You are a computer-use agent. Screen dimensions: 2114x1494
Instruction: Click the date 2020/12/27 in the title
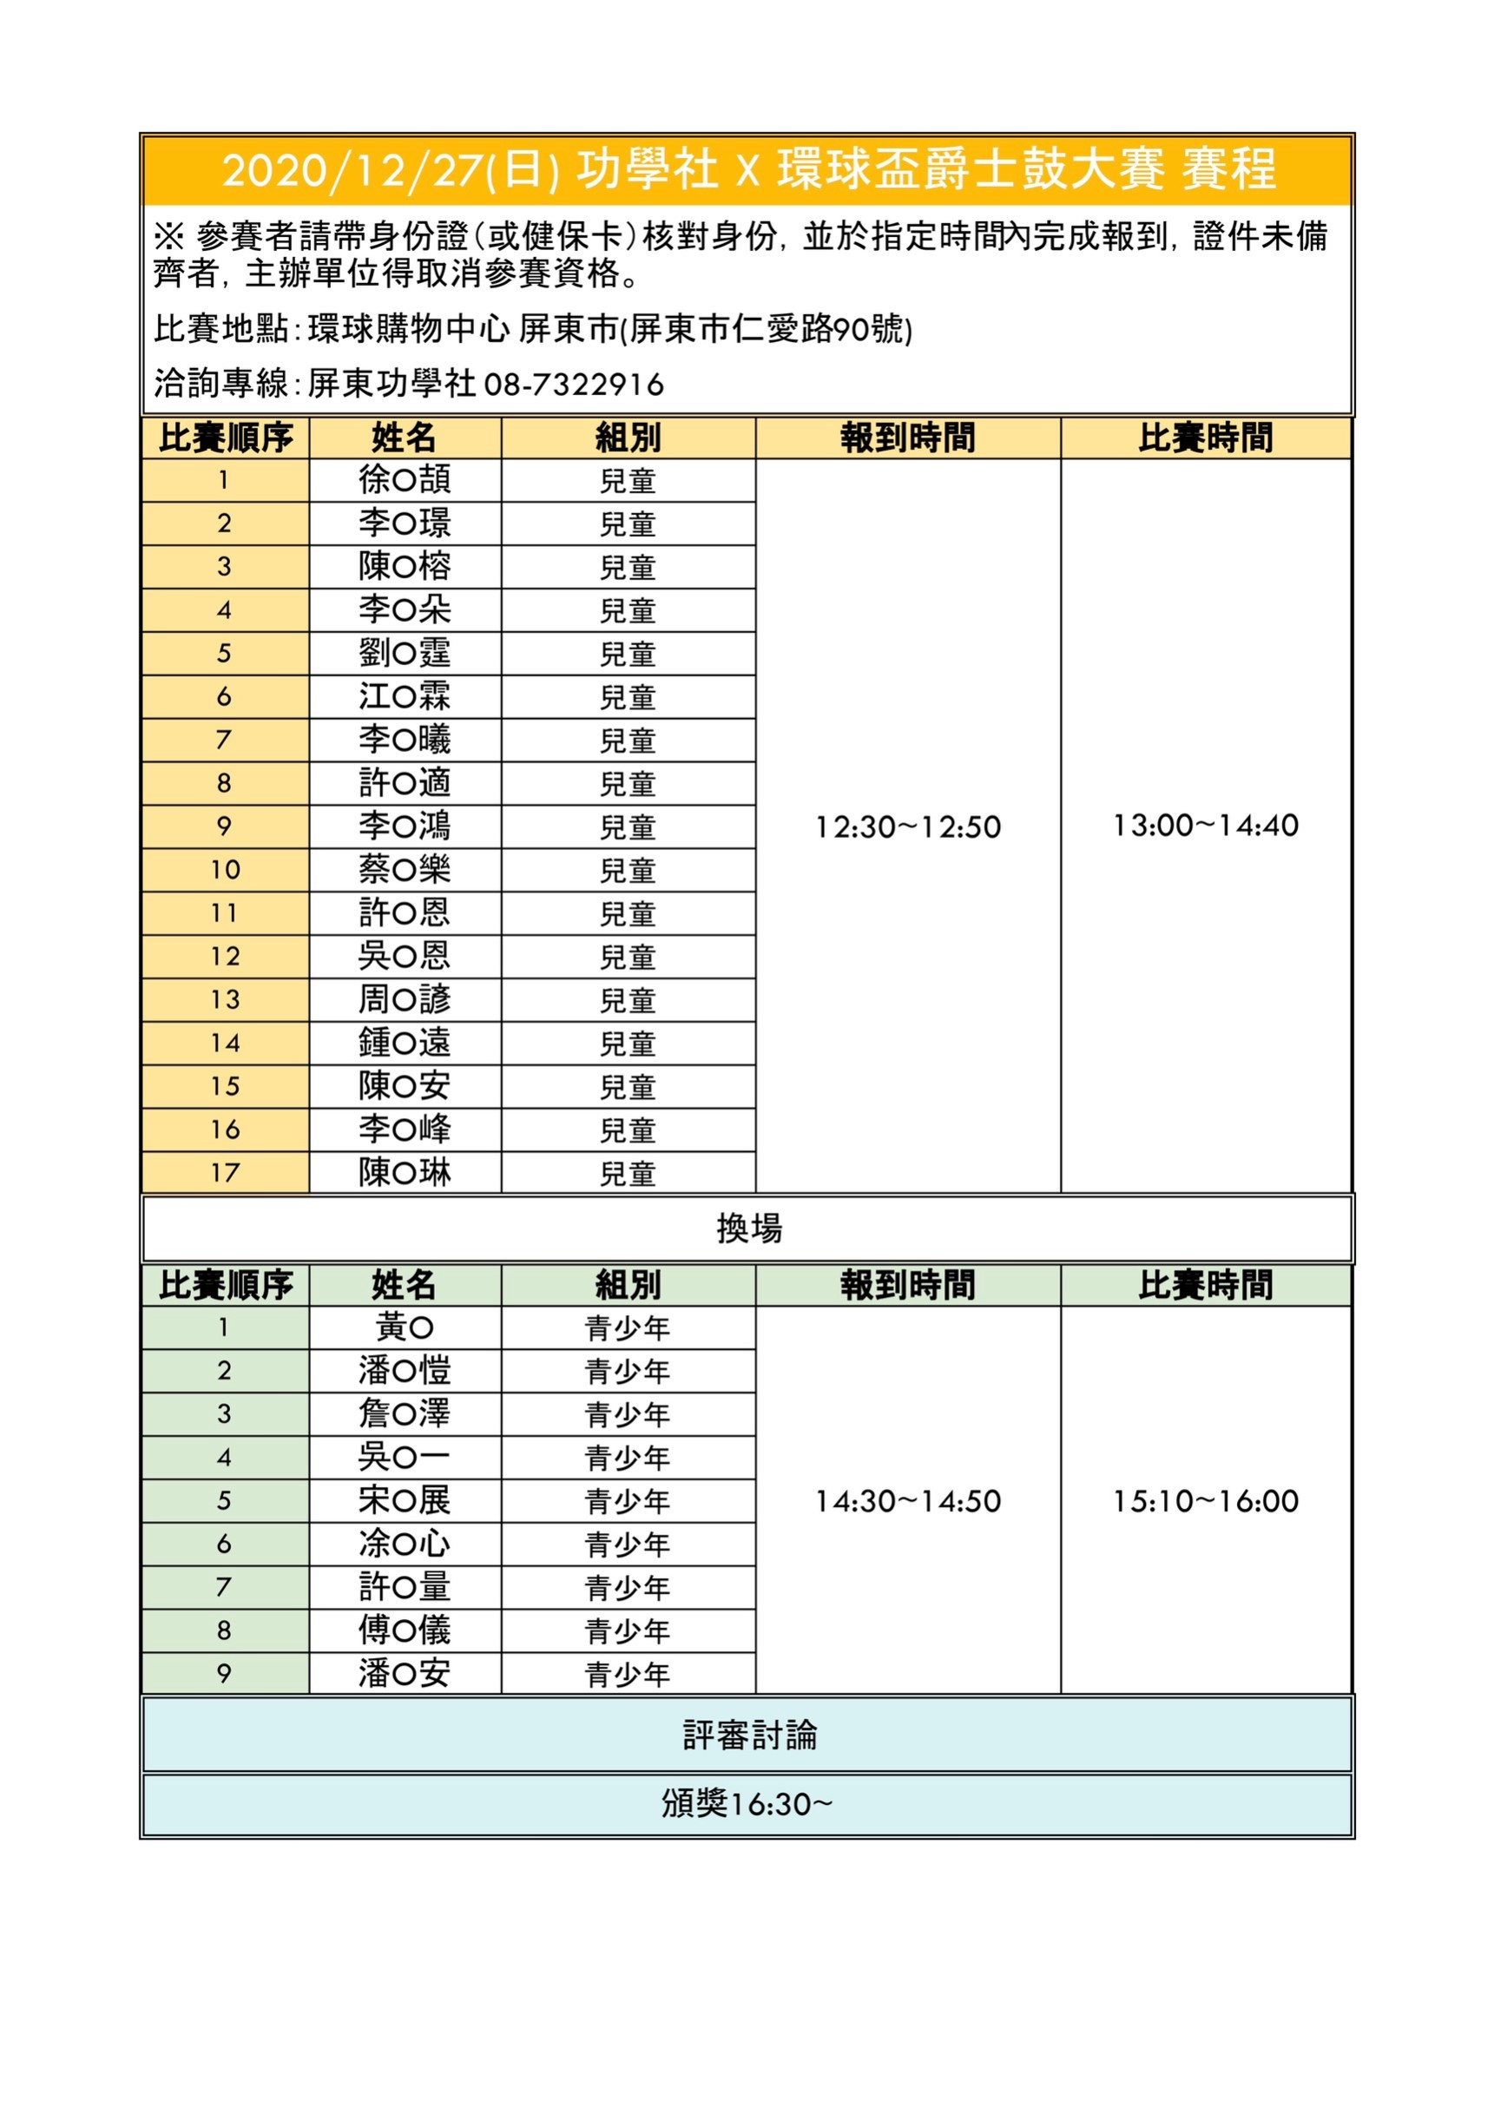click(353, 171)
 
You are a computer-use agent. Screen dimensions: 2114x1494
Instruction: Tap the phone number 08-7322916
click(574, 384)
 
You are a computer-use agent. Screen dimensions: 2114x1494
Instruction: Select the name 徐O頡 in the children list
click(405, 480)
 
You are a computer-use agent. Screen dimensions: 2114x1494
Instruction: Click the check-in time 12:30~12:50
click(908, 827)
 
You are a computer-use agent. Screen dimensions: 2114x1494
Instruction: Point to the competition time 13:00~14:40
click(1205, 825)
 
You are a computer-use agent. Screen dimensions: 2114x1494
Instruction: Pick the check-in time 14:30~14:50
click(908, 1502)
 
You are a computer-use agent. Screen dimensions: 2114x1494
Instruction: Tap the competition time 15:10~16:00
click(1205, 1502)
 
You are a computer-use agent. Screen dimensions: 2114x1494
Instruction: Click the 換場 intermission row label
click(748, 1228)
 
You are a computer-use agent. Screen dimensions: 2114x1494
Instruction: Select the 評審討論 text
click(748, 1735)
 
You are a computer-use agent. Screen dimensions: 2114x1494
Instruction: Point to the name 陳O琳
click(405, 1172)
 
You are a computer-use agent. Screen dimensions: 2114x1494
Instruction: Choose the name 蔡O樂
click(405, 869)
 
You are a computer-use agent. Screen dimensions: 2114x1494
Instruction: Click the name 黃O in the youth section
click(405, 1327)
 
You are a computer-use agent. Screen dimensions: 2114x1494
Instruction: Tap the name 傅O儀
click(405, 1630)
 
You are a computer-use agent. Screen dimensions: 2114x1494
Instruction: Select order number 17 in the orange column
click(225, 1173)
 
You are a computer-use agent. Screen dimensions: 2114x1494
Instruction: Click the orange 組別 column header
click(628, 438)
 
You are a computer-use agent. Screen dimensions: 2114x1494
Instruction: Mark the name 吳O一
click(405, 1458)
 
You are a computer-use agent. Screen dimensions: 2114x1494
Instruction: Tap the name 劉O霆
click(405, 653)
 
